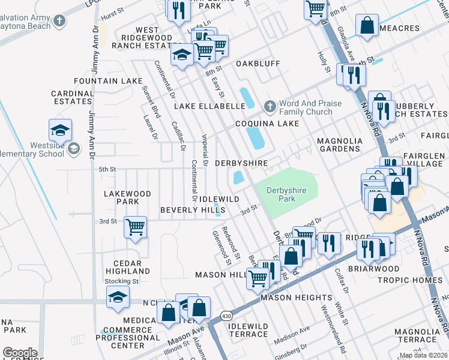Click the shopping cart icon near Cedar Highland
click(136, 227)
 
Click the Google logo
click(20, 352)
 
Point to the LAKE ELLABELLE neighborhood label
click(209, 106)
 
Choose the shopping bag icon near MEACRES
click(366, 26)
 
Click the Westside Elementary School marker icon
click(73, 148)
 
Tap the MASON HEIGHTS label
click(296, 297)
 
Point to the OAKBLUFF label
click(258, 63)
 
